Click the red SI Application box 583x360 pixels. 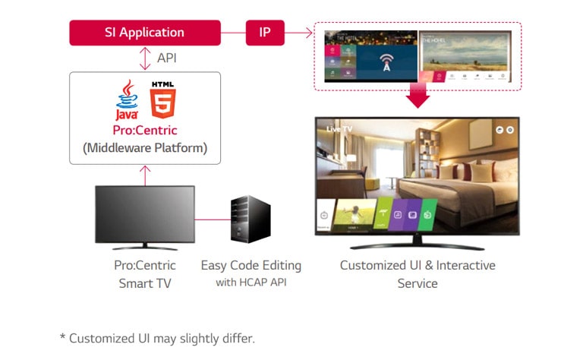coord(144,33)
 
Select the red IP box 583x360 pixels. coord(265,33)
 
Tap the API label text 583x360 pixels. coord(167,58)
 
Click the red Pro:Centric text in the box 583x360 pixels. coord(144,131)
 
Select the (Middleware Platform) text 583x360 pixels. coord(144,147)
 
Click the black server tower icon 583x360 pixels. coord(250,219)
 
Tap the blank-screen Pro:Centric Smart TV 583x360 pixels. coord(144,216)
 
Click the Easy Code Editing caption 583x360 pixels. coord(251,266)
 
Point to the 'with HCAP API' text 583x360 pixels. coord(251,283)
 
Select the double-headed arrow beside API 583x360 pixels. coord(144,58)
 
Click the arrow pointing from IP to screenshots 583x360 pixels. coord(301,33)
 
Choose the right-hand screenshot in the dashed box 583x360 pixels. coord(465,56)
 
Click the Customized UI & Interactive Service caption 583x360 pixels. coord(417,274)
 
